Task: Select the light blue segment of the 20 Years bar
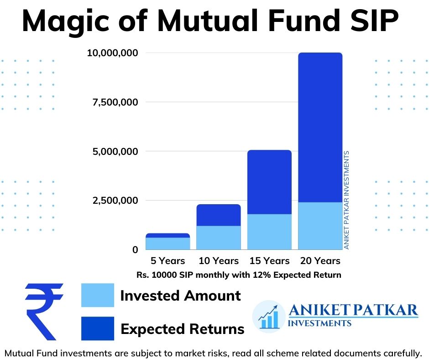tap(320, 226)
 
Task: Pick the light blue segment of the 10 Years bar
tap(219, 238)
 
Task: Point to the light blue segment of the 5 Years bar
tap(168, 244)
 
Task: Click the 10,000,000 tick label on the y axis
tap(113, 53)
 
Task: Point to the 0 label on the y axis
tap(135, 250)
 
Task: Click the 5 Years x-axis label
tap(168, 261)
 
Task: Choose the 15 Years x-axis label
tap(269, 261)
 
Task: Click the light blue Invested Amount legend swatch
tap(97, 295)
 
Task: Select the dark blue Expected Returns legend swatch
tap(97, 328)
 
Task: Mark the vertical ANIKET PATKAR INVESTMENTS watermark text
tap(346, 200)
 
